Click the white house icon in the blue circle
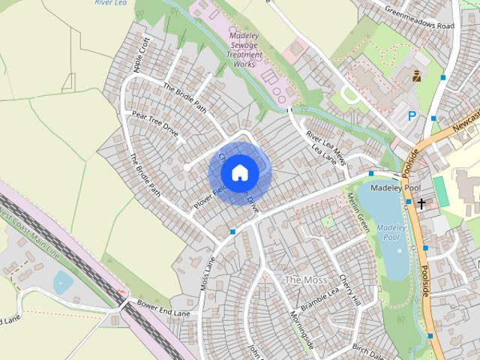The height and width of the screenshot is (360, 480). [x=239, y=172]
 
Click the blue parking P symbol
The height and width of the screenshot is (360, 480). [x=412, y=115]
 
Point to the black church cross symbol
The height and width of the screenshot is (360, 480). [x=421, y=203]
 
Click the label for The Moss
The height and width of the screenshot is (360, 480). [x=304, y=280]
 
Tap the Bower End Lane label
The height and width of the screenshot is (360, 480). [x=163, y=307]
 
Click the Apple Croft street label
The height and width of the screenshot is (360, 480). [x=142, y=55]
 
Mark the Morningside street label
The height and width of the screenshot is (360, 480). [x=300, y=330]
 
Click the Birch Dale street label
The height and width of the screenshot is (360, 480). [x=367, y=350]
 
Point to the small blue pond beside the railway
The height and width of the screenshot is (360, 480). [x=63, y=282]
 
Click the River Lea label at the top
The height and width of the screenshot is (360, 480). [x=110, y=3]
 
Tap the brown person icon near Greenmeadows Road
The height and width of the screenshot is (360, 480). [x=416, y=75]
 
